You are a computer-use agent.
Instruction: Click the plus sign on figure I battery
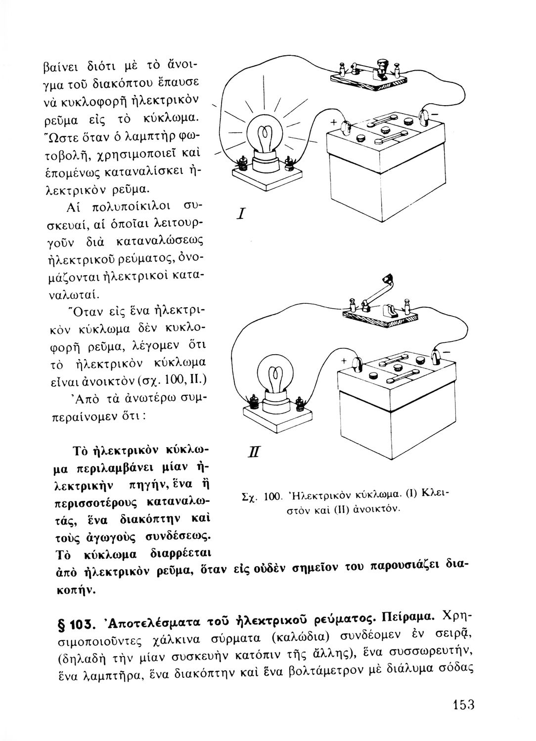333,122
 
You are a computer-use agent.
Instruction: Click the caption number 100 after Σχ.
273,494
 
